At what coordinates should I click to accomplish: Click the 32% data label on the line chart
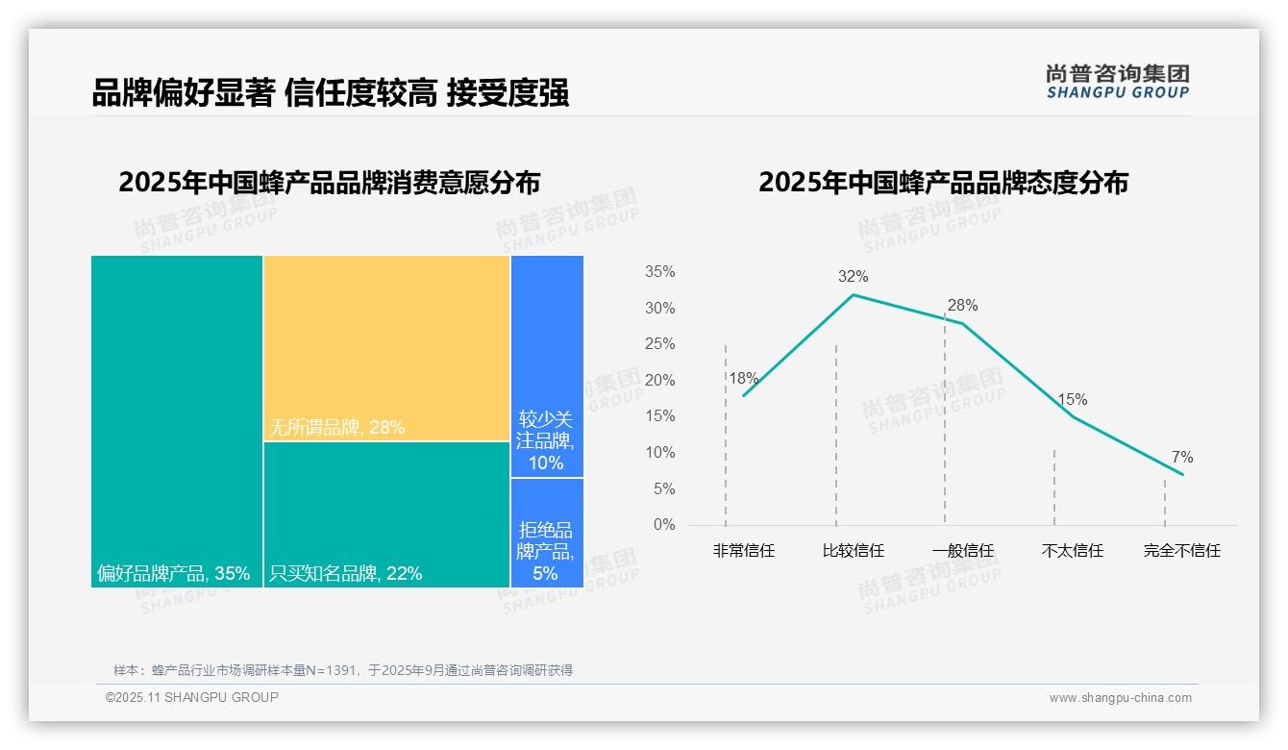(x=853, y=277)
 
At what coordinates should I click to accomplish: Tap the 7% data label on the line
(x=1181, y=458)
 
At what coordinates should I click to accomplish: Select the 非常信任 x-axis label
(x=743, y=551)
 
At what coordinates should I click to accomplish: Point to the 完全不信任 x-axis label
(x=1181, y=551)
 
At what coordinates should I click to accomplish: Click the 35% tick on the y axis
(x=659, y=272)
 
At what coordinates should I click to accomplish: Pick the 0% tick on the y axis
(x=664, y=525)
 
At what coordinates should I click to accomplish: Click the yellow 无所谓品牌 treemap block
(x=386, y=348)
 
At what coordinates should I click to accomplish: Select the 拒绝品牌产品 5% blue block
(x=547, y=534)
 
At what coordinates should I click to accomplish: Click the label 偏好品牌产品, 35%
(x=173, y=574)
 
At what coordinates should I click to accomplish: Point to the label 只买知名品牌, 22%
(x=345, y=574)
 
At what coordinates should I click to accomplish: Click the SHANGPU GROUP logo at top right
(x=1117, y=82)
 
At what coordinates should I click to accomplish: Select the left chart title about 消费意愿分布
(x=329, y=183)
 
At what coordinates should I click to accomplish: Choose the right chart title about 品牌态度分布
(x=943, y=183)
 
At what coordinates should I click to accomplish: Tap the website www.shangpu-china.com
(x=1120, y=698)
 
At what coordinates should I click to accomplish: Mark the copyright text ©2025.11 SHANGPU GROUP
(x=191, y=697)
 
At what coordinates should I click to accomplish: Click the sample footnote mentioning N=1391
(x=343, y=670)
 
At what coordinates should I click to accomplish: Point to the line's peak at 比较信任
(x=854, y=294)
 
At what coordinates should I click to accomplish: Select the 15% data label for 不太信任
(x=1072, y=400)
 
